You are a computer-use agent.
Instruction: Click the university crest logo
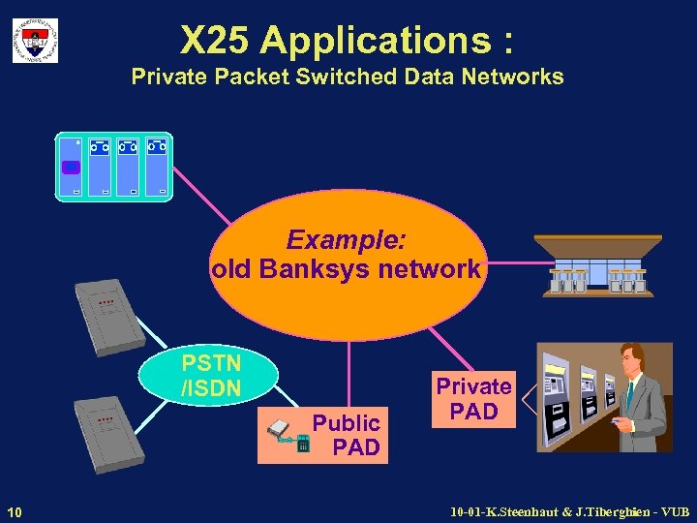click(35, 41)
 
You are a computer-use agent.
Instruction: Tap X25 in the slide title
click(215, 41)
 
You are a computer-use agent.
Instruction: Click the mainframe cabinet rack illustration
click(114, 167)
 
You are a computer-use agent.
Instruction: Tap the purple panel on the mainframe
click(71, 168)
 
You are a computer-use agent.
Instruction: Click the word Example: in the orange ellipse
click(347, 239)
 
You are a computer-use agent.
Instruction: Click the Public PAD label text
click(348, 435)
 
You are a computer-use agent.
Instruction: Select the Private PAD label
click(473, 399)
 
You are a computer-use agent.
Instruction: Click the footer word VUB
click(672, 510)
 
